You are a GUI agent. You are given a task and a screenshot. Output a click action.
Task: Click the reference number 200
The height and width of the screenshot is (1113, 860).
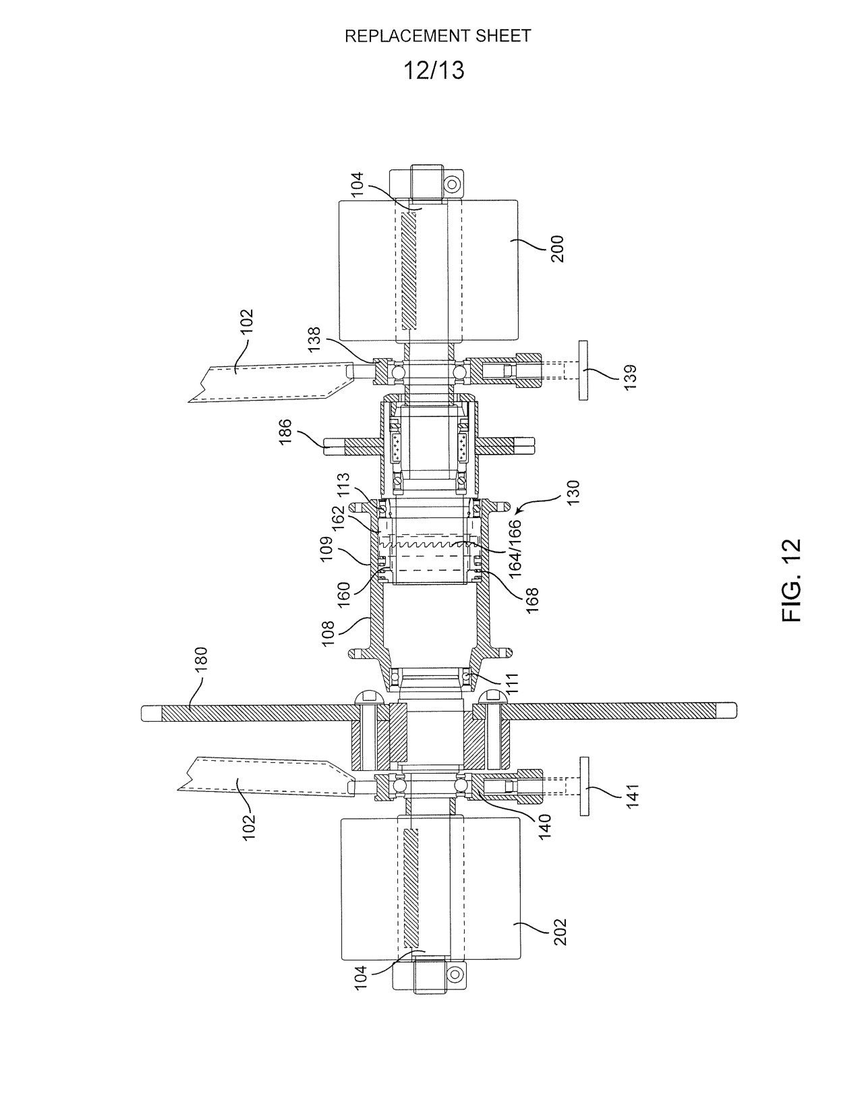point(557,249)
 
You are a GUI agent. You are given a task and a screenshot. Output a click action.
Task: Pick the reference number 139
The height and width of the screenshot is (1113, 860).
point(630,377)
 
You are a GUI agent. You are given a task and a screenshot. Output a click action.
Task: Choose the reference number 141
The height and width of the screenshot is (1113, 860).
point(633,795)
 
